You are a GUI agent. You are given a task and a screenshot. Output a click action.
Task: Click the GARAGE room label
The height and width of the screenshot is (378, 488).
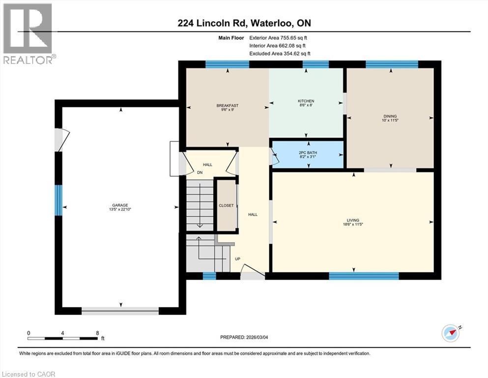[120, 205]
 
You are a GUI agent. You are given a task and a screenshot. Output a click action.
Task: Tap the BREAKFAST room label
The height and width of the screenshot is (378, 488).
[228, 106]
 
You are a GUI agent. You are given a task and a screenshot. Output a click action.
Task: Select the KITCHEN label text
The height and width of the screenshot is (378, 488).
[306, 101]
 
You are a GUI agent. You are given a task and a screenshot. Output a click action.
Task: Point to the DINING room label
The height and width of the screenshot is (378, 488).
[390, 117]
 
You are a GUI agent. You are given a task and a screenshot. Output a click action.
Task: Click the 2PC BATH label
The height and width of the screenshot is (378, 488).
[308, 153]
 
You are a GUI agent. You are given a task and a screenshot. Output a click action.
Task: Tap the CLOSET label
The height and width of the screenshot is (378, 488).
[227, 205]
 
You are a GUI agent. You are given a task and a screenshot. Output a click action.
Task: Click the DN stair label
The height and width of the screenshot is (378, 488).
[200, 173]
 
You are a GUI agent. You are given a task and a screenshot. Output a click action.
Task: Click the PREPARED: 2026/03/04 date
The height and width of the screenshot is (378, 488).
[244, 337]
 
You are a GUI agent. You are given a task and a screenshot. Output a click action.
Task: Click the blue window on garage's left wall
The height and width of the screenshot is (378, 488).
[58, 200]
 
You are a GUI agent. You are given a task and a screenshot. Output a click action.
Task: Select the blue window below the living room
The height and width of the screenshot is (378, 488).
[363, 276]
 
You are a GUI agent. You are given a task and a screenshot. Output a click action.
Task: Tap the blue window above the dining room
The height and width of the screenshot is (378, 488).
[392, 64]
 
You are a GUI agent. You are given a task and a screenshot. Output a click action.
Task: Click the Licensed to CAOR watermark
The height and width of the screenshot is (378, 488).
[29, 374]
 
